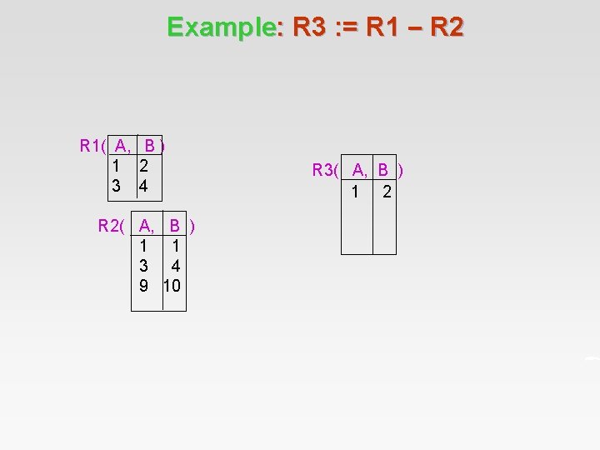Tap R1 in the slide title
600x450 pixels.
coord(387,27)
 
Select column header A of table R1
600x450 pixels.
coord(122,147)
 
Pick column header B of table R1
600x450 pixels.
coord(150,147)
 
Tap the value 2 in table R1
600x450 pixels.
coord(144,166)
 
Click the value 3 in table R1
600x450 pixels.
coord(117,185)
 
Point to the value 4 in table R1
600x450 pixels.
coord(144,185)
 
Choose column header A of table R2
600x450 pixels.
coord(146,225)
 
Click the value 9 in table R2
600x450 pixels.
coord(143,286)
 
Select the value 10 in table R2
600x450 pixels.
coord(172,286)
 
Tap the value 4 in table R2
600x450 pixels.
coord(175,266)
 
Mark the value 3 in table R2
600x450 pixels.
coord(143,266)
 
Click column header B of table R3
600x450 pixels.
coord(383,171)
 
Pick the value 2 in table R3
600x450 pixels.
coord(386,192)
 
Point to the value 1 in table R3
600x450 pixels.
coord(355,192)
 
